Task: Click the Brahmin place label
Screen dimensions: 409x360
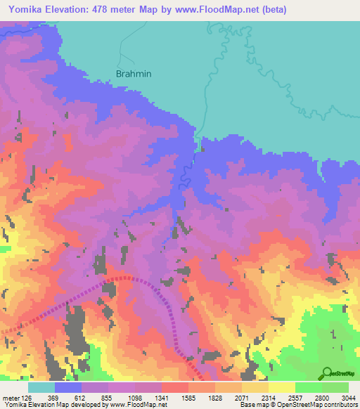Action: click(134, 73)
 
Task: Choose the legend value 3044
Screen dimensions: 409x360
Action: click(349, 398)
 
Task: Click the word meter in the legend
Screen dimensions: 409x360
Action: click(11, 398)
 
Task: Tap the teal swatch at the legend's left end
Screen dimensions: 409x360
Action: click(41, 387)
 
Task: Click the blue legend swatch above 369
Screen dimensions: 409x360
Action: click(68, 387)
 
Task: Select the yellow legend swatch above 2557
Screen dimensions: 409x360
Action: click(282, 387)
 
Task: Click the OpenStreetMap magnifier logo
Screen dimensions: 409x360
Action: click(327, 373)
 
